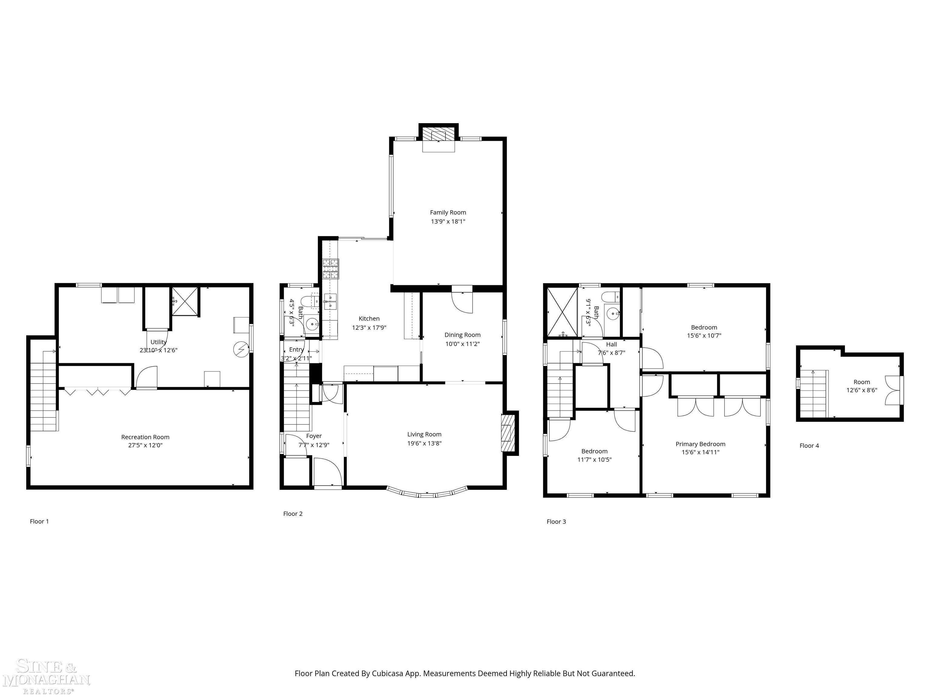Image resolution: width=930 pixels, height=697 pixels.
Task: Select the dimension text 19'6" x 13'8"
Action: pyautogui.click(x=424, y=443)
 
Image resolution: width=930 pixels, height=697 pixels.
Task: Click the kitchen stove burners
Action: pyautogui.click(x=331, y=269)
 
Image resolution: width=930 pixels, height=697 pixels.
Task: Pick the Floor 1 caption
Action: pyautogui.click(x=39, y=521)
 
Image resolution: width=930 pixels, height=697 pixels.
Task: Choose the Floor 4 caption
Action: pyautogui.click(x=809, y=446)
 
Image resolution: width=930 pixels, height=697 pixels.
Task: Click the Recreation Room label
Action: pyautogui.click(x=145, y=437)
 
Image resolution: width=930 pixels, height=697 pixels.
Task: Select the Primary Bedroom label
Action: pyautogui.click(x=700, y=444)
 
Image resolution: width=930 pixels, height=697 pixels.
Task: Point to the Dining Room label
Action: pyautogui.click(x=462, y=335)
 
